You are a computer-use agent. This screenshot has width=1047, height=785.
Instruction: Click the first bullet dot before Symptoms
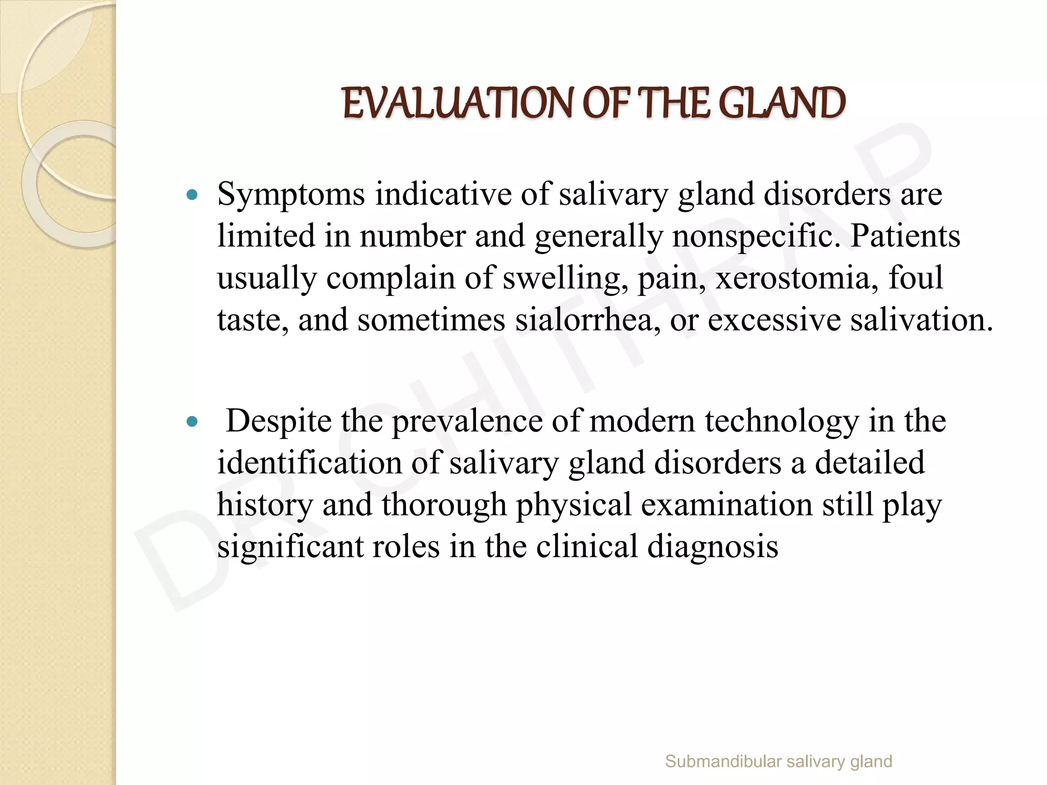coord(192,195)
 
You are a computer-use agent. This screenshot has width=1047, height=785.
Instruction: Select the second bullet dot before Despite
coord(192,422)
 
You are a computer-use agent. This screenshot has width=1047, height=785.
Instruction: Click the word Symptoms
coord(291,196)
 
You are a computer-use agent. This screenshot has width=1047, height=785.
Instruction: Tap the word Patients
coord(905,237)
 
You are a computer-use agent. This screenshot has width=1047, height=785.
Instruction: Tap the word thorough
coord(444,505)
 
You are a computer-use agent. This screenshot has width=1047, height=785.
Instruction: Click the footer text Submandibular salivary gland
coord(778,761)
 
